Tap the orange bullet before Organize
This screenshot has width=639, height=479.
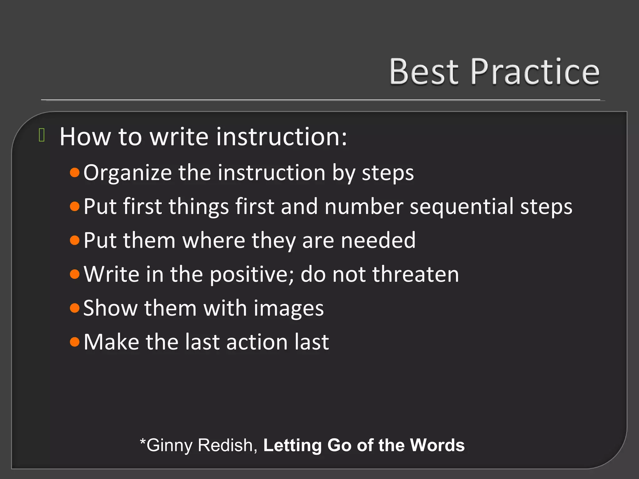click(75, 172)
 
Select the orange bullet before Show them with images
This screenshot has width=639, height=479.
click(75, 308)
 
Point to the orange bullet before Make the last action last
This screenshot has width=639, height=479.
click(75, 342)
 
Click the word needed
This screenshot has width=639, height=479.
click(378, 240)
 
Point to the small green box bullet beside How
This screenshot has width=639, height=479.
click(42, 135)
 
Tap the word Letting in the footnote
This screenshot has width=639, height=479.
click(292, 446)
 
